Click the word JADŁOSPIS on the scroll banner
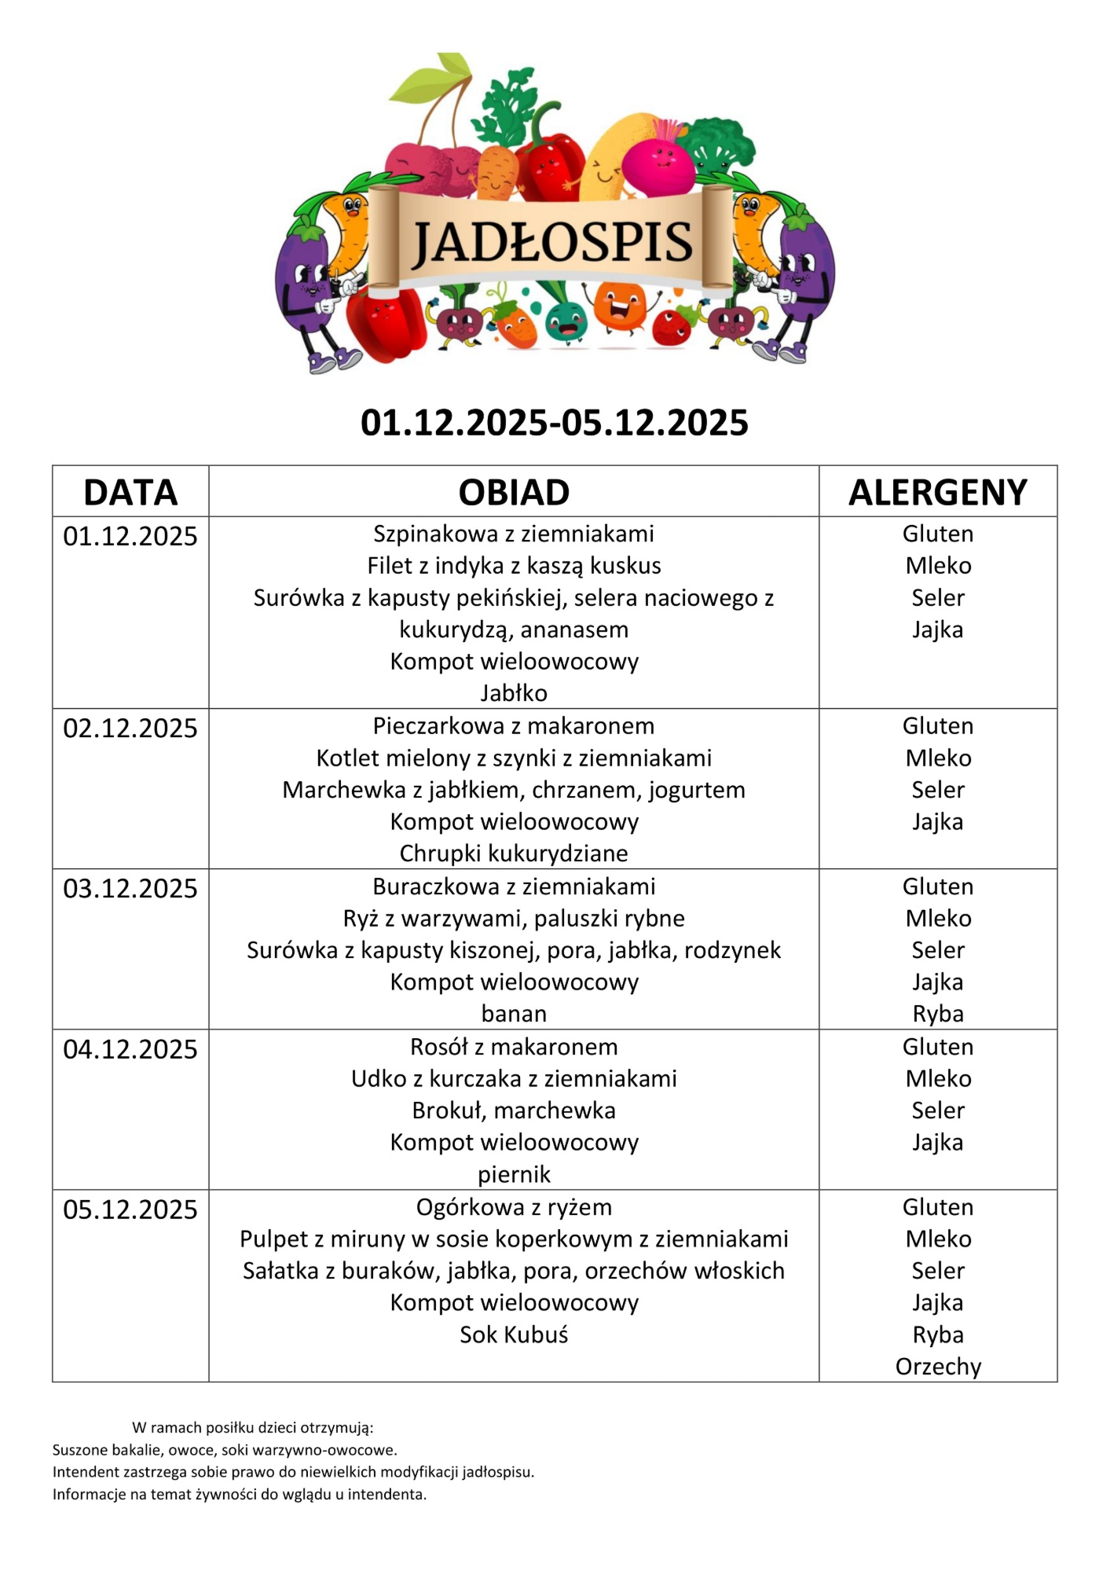click(552, 241)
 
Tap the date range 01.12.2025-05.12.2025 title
click(554, 423)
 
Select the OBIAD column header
click(514, 493)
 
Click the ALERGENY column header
click(937, 493)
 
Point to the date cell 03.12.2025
click(130, 889)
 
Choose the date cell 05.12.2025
click(130, 1209)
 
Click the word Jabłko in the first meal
click(514, 693)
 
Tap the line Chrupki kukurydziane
click(514, 853)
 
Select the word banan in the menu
click(514, 1014)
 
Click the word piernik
click(514, 1174)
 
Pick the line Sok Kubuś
click(514, 1334)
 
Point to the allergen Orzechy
click(938, 1367)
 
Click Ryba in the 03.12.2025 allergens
click(938, 1014)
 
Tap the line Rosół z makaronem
click(514, 1047)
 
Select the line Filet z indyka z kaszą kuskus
click(514, 566)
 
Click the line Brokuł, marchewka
click(514, 1110)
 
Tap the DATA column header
click(130, 493)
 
